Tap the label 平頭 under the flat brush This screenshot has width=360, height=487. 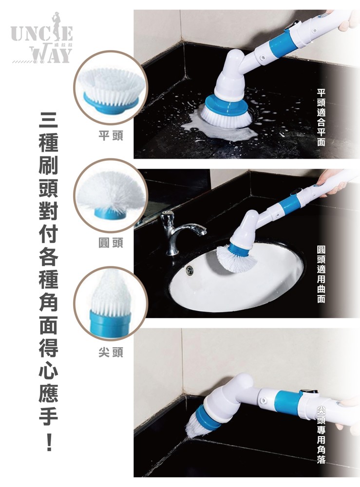click(111, 135)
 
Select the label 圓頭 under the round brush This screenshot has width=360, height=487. click(111, 243)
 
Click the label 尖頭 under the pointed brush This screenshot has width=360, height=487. click(111, 352)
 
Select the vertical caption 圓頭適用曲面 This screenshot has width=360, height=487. click(321, 274)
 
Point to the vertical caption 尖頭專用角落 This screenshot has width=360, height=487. click(321, 434)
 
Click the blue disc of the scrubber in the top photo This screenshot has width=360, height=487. click(227, 105)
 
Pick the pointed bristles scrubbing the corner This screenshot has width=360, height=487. click(194, 423)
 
